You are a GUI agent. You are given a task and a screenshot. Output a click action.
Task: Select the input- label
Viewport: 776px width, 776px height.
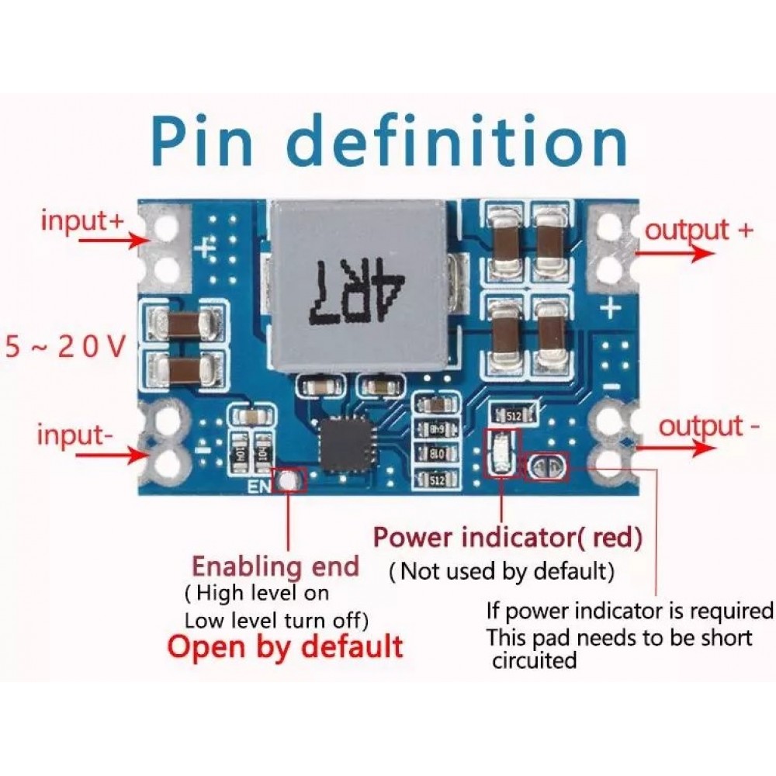coord(74,435)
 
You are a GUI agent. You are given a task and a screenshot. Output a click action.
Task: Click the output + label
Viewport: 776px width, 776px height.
coord(699,230)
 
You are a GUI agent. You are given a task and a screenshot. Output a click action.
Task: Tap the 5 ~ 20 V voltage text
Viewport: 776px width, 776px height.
coord(65,346)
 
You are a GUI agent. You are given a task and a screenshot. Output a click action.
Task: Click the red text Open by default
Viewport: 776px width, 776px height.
coord(285,646)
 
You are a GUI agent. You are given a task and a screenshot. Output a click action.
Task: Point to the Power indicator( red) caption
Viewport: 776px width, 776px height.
coord(508,536)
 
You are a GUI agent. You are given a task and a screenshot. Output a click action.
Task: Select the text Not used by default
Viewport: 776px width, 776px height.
coord(502,573)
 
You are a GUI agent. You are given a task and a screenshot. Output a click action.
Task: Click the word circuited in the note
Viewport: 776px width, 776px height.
coord(535,661)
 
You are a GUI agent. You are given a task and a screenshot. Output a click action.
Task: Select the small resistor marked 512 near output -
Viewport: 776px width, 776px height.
coord(513,416)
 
